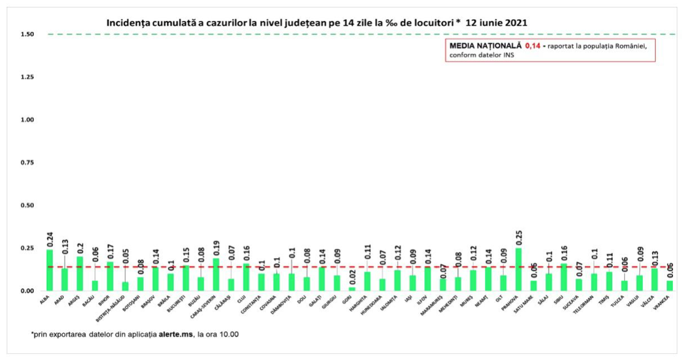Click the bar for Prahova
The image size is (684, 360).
pos(519,269)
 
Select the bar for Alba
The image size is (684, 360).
pos(50,270)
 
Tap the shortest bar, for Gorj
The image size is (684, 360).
pos(352,288)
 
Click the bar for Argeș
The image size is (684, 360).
pos(80,273)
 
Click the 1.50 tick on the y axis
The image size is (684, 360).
pos(28,34)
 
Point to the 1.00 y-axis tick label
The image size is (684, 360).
pos(28,120)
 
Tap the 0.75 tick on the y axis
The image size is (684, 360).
pos(28,162)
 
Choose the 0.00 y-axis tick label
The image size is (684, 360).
pos(28,291)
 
